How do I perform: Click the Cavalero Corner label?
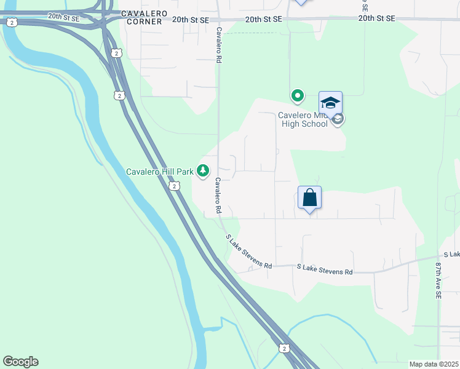click(141, 17)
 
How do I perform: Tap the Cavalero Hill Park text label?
click(160, 171)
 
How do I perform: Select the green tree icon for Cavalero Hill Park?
click(204, 172)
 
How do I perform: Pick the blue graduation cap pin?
click(330, 103)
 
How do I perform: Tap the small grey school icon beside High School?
click(337, 120)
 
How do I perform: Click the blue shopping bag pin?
click(310, 198)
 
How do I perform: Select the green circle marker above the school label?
click(298, 95)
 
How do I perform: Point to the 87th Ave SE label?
click(439, 280)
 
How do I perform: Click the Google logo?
click(20, 362)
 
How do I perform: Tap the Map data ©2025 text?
click(433, 363)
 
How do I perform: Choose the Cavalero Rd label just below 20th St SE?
click(218, 46)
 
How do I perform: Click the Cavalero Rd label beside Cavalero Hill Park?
click(218, 196)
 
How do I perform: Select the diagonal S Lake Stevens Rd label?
click(248, 252)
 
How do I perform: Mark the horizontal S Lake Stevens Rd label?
click(325, 270)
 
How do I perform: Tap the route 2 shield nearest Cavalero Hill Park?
click(175, 186)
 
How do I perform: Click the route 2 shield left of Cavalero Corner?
click(11, 22)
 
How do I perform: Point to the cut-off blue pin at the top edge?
click(300, 2)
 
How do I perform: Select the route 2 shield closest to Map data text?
click(283, 348)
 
